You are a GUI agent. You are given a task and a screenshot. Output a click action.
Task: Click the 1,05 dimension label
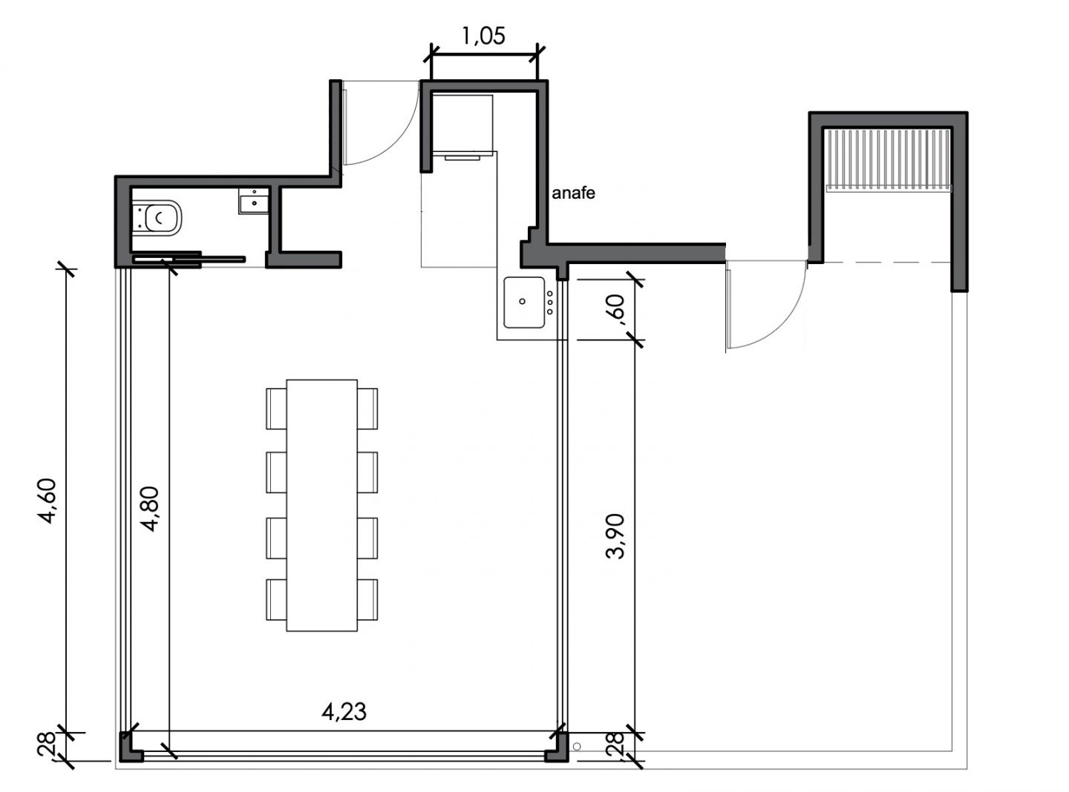click(x=483, y=36)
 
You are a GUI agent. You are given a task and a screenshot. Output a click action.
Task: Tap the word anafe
click(x=573, y=193)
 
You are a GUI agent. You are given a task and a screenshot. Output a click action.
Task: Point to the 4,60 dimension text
click(x=48, y=501)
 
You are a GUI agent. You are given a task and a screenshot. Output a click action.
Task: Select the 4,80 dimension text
click(x=150, y=509)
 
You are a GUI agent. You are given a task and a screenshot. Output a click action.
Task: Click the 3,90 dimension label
click(x=615, y=536)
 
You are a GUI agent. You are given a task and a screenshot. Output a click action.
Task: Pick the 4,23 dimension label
click(x=344, y=712)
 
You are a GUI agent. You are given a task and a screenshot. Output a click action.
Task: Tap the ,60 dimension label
click(x=615, y=308)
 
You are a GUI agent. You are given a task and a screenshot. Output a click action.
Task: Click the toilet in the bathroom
click(x=157, y=218)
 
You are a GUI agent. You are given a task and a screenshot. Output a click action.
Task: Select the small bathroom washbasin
click(x=254, y=201)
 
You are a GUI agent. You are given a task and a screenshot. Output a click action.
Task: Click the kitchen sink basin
click(x=524, y=303)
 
